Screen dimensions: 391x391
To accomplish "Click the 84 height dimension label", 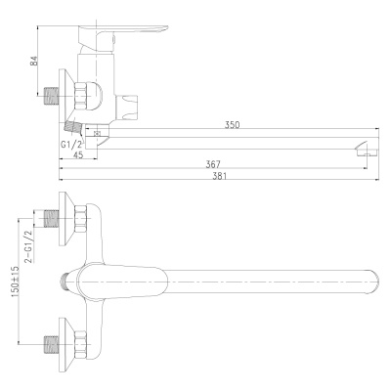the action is (34, 62).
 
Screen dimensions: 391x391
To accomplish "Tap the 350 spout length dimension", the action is (232, 124).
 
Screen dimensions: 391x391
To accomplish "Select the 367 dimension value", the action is (213, 164).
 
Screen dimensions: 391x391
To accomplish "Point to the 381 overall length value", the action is (220, 176).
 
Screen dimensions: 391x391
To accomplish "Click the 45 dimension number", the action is (78, 154).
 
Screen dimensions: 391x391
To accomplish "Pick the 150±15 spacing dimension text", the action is (16, 281).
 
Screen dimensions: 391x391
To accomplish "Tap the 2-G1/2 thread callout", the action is (29, 246).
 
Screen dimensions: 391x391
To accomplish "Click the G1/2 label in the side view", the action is (71, 145).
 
